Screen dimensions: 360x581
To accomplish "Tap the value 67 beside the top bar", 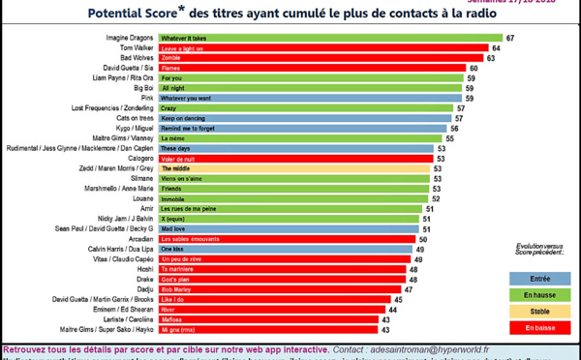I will (x=508, y=37).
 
